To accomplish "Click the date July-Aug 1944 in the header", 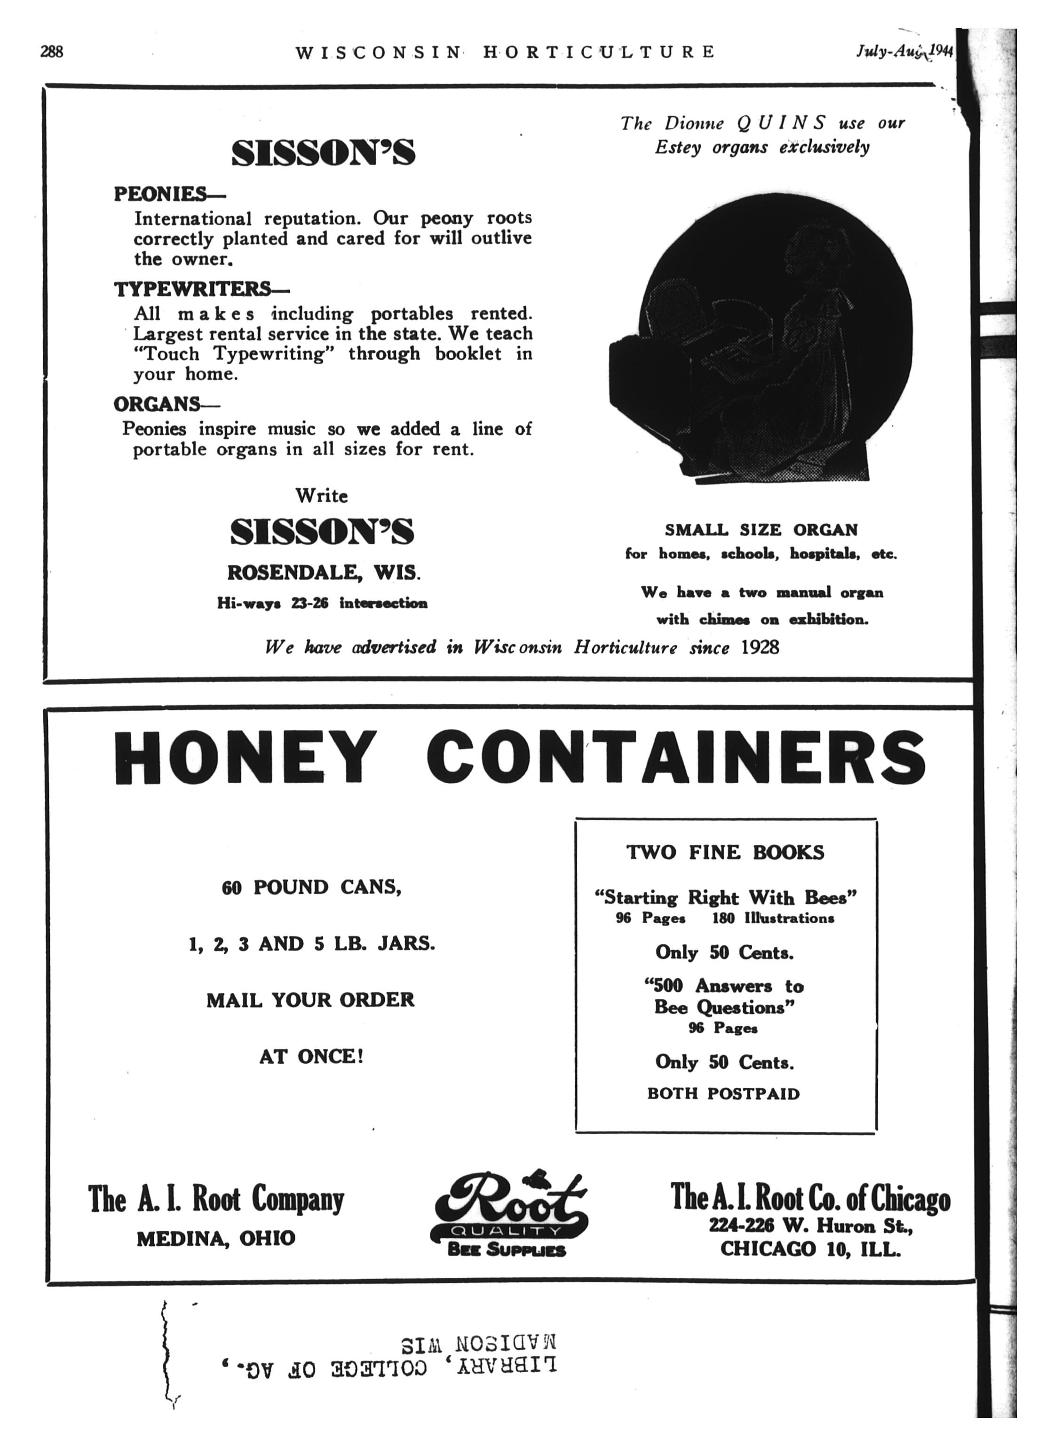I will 904,51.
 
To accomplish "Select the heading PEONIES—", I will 169,193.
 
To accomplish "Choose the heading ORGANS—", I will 166,404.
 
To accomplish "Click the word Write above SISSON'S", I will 321,495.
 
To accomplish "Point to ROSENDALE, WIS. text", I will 324,573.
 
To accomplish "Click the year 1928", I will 759,648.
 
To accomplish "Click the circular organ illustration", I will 765,344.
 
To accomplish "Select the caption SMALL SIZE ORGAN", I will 761,530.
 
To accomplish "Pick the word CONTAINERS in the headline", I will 675,758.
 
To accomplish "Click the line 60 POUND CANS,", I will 311,888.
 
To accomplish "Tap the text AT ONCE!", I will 311,1057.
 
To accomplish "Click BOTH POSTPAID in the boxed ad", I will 723,1094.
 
